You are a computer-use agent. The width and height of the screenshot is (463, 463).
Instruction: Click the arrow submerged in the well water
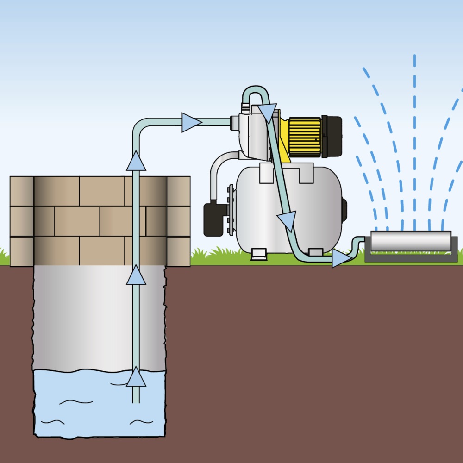coord(136,377)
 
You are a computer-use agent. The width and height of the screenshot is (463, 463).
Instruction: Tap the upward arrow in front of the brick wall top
coord(136,161)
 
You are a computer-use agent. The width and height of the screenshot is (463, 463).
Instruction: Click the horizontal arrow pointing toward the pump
coord(190,122)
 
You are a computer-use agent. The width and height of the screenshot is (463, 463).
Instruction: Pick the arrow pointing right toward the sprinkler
coord(341,259)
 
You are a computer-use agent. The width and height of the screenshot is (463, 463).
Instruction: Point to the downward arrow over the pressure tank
coord(287,220)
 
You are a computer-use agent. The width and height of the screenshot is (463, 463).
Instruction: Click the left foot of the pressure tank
coord(258,253)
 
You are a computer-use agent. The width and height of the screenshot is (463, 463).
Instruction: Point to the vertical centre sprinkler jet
coord(414,139)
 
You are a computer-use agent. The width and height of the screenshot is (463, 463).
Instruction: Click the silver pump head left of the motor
coord(252,134)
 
